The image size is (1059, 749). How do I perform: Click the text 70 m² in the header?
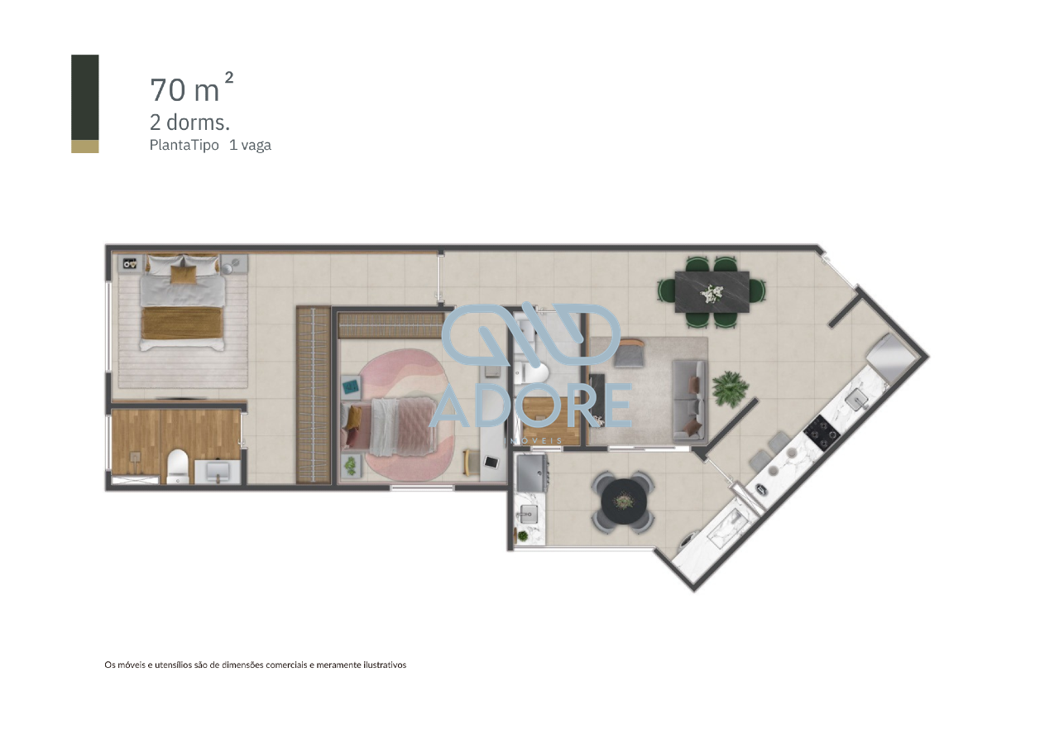click(x=190, y=89)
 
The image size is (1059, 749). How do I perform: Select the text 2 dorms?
click(x=189, y=122)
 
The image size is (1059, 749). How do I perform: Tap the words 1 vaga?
click(x=250, y=145)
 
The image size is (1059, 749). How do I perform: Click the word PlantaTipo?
click(x=184, y=145)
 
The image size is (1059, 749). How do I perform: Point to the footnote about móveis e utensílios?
click(x=255, y=665)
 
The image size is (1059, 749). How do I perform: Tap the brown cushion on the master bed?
click(x=183, y=272)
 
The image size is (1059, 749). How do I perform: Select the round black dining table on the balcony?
click(x=624, y=500)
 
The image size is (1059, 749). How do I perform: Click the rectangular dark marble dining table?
click(x=712, y=291)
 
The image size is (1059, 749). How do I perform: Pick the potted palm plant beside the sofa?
click(x=730, y=387)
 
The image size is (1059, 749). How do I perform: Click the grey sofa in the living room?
click(x=688, y=399)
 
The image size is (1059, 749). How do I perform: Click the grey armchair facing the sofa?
click(x=628, y=353)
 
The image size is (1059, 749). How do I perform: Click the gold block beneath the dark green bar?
click(x=85, y=146)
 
